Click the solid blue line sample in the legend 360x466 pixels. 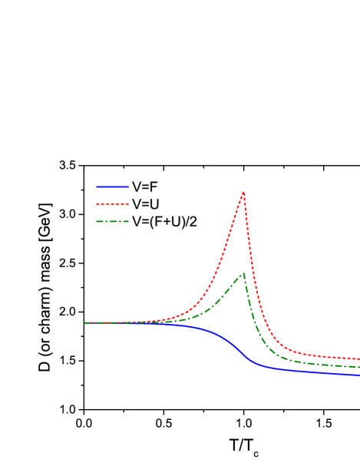click(113, 187)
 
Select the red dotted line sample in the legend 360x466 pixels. click(113, 204)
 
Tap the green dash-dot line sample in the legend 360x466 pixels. click(113, 222)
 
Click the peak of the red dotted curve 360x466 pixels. click(243, 193)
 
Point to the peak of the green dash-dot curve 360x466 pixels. click(243, 274)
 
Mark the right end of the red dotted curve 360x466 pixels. click(358, 359)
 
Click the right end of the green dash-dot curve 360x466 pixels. click(358, 367)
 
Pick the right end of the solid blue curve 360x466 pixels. click(358, 375)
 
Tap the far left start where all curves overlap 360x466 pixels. click(85, 323)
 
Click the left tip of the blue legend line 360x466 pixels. click(97, 187)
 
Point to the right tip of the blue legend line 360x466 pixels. click(129, 187)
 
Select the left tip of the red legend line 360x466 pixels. click(97, 204)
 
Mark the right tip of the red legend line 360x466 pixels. click(129, 204)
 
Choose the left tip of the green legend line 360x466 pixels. click(97, 222)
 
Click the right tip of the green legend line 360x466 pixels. click(129, 222)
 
